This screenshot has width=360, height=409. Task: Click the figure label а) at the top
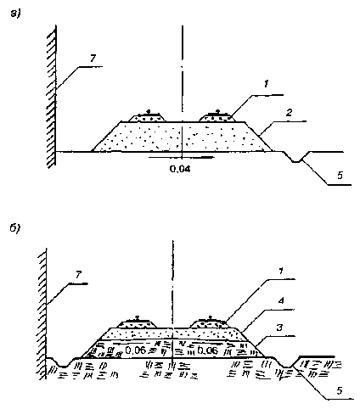[x=15, y=13]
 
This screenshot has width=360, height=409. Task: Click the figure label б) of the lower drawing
[x=15, y=228]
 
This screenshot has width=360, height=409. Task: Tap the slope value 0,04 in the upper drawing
[x=180, y=169]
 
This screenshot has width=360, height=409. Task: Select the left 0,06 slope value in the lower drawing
[x=135, y=350]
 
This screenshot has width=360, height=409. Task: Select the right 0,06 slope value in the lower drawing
[x=207, y=350]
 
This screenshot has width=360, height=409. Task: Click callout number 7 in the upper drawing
[x=93, y=59]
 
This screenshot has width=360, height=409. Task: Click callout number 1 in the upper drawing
[x=266, y=84]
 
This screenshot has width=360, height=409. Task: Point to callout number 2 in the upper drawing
[x=289, y=113]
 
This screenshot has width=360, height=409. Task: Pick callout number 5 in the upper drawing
[x=340, y=176]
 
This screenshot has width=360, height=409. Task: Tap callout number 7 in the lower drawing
[x=78, y=274]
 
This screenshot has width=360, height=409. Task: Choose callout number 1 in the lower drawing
[x=280, y=271]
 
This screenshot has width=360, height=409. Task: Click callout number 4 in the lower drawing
[x=280, y=301]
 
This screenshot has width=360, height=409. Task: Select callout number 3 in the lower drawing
[x=279, y=328]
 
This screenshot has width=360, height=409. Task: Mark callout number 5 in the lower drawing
[x=340, y=390]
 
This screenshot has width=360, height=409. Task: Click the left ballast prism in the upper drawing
[x=147, y=117]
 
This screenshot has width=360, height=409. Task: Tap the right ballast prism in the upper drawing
[x=217, y=117]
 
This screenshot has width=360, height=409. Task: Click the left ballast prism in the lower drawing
[x=137, y=324]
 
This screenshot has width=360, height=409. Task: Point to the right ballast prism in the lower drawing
[x=209, y=323]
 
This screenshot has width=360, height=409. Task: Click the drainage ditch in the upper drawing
[x=296, y=157]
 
